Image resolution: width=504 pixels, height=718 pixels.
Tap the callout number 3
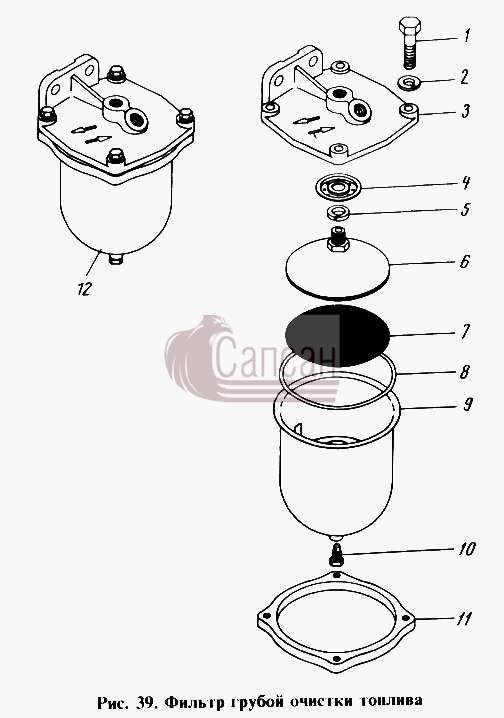(465, 111)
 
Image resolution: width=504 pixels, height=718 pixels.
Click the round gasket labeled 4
(339, 187)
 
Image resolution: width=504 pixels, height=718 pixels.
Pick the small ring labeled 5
(338, 212)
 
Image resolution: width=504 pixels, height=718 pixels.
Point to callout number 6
(465, 261)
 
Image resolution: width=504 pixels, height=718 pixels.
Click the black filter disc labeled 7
(337, 335)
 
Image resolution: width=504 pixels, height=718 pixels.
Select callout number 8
(465, 371)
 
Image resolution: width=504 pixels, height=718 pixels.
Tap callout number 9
(467, 404)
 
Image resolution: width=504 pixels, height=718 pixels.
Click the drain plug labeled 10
(336, 555)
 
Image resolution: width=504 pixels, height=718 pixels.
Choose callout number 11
(463, 619)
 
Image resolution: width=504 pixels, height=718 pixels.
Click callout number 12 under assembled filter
(84, 288)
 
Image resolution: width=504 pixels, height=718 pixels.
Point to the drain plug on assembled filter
(116, 259)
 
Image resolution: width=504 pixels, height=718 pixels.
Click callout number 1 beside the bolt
(466, 35)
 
